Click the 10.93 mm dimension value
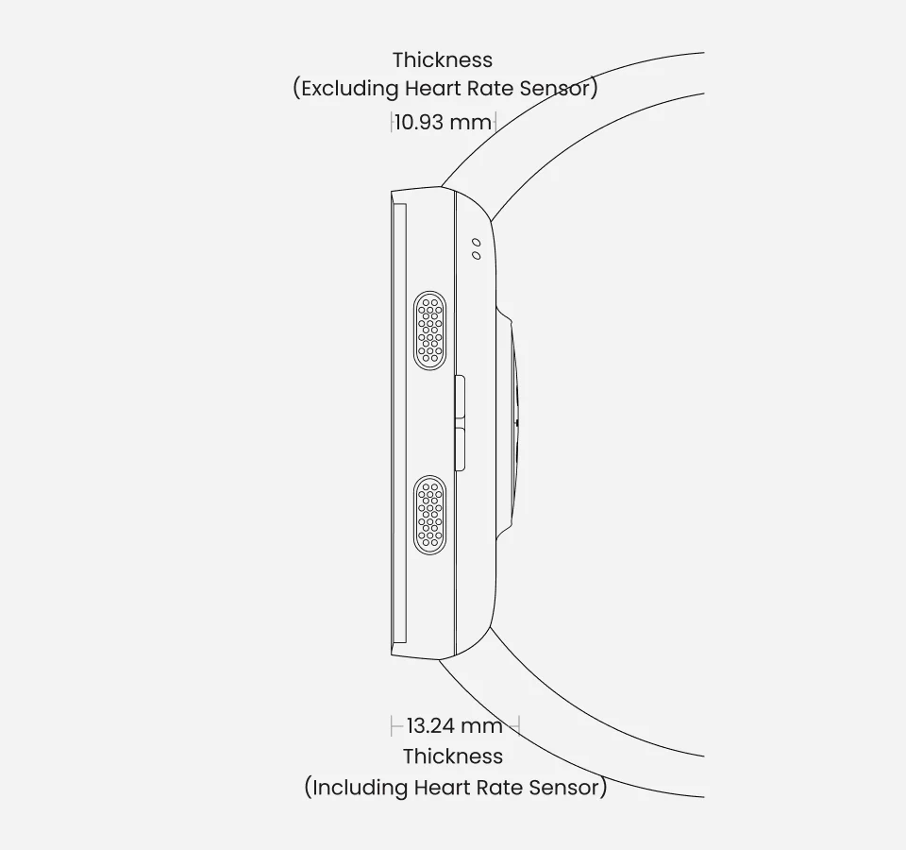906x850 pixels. (x=444, y=122)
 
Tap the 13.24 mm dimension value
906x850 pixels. (x=455, y=725)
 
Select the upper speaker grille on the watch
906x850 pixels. (x=430, y=331)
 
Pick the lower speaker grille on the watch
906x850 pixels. (x=430, y=516)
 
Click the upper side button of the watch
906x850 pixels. (x=461, y=397)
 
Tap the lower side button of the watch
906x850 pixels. (x=461, y=450)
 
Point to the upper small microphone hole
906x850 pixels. (x=476, y=243)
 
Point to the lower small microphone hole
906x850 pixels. (x=476, y=255)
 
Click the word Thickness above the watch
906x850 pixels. (x=443, y=60)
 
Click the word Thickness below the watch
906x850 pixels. (x=453, y=756)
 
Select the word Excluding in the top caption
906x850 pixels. (x=350, y=89)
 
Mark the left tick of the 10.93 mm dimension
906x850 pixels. (x=391, y=122)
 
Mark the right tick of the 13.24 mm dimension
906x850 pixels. (x=519, y=725)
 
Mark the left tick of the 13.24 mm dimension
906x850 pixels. (x=392, y=725)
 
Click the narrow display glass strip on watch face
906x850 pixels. (x=399, y=423)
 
